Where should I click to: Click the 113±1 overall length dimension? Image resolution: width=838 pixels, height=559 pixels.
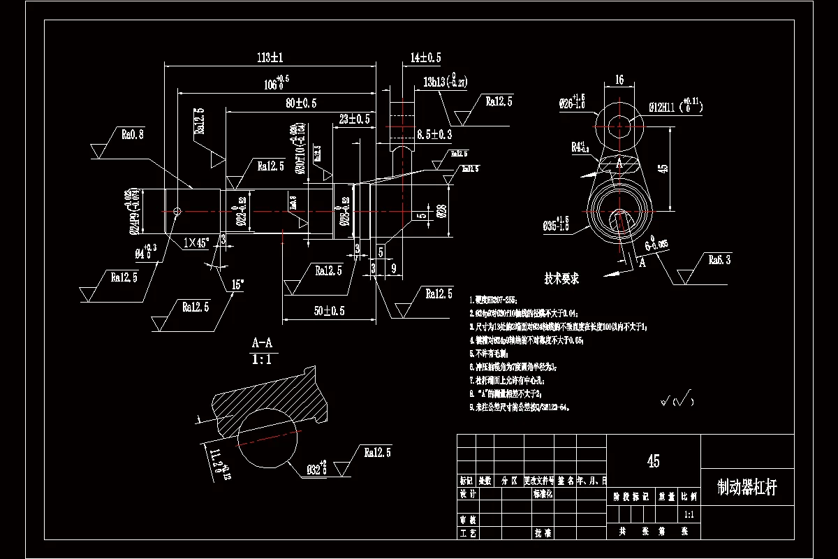[x=265, y=57]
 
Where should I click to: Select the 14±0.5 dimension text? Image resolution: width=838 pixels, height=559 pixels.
[x=425, y=57]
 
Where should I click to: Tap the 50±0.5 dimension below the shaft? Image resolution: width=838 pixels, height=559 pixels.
[x=330, y=311]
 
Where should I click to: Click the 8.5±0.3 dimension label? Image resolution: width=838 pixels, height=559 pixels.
[x=434, y=133]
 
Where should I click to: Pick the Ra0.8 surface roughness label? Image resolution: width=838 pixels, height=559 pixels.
[x=133, y=134]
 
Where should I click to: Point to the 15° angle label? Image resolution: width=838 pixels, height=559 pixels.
[x=239, y=285]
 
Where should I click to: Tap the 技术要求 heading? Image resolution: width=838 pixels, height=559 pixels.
[x=562, y=278]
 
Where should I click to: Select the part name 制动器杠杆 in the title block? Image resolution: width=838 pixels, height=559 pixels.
[x=747, y=488]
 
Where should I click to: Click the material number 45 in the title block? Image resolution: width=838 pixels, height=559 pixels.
[x=654, y=461]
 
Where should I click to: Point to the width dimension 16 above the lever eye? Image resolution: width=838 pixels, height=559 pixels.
[x=619, y=80]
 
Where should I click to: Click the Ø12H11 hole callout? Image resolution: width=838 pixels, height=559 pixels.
[x=675, y=107]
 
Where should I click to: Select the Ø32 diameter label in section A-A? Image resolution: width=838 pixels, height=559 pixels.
[x=316, y=468]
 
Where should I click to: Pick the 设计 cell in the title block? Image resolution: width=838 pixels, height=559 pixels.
[x=467, y=493]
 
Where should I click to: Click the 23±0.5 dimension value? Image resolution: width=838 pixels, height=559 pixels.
[x=354, y=119]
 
